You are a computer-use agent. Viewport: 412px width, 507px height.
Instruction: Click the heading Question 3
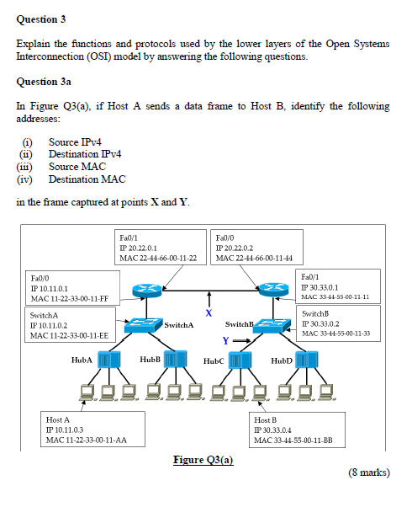41,19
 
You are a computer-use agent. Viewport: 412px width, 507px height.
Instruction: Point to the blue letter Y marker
225,340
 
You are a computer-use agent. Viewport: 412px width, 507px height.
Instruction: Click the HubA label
82,360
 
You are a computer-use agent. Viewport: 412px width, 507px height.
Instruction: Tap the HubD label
282,360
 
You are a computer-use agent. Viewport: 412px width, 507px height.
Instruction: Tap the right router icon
277,291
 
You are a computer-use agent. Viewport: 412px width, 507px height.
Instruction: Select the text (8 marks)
369,472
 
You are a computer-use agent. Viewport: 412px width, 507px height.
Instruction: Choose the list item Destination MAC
87,179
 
